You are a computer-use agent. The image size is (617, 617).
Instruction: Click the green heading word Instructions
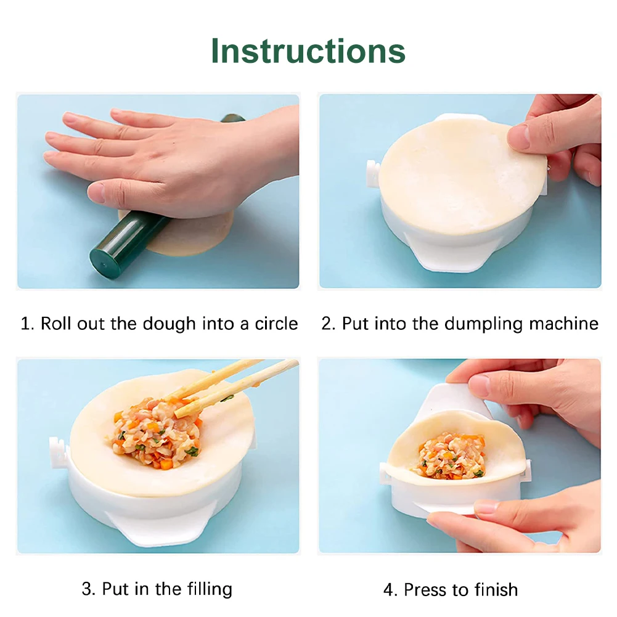coord(308,51)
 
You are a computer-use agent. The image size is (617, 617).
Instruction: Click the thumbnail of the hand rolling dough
coord(158,191)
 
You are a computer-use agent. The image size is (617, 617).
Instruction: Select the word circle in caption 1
coord(276,324)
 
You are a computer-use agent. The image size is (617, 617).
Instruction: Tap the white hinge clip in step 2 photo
coord(372,174)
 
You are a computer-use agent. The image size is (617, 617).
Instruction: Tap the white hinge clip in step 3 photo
coord(57,452)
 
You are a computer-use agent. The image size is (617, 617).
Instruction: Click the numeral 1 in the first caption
coord(25,324)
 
